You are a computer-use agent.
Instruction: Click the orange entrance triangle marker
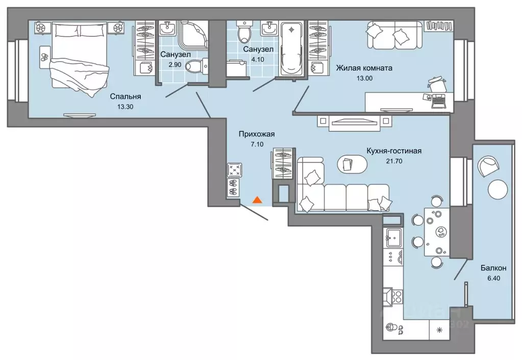tap(257, 200)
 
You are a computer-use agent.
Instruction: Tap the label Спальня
tap(126, 97)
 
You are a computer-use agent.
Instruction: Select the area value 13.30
tap(126, 107)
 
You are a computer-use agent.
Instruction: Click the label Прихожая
tap(256, 134)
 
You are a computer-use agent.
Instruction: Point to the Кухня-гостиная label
tap(394, 151)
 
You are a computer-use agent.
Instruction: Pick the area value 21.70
tap(394, 161)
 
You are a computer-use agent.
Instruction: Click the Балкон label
tap(493, 268)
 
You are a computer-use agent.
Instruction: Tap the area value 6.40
tap(493, 278)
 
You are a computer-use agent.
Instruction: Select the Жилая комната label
tap(364, 68)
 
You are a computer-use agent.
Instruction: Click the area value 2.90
tap(175, 65)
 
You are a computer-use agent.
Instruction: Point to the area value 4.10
tap(258, 60)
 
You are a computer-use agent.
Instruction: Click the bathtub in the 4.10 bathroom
tap(292, 49)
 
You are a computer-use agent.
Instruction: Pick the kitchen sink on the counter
tap(394, 238)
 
